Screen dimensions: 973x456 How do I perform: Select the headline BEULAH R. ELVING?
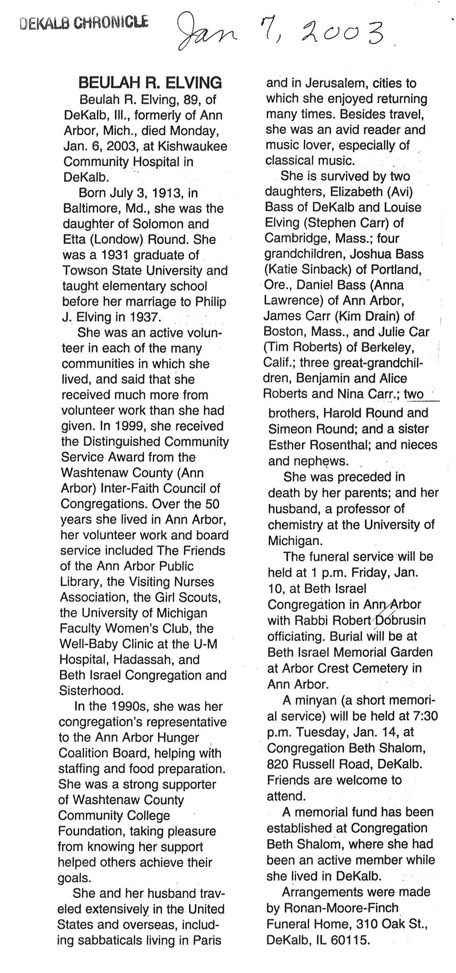(150, 83)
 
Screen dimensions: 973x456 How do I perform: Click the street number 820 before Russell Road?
(278, 764)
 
